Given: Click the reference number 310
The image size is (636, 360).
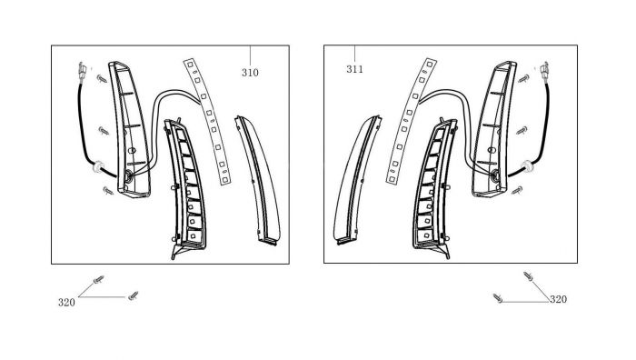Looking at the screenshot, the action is [250, 73].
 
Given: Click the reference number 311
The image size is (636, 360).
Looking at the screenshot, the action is [355, 69].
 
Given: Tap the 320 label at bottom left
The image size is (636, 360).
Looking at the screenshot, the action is [66, 303].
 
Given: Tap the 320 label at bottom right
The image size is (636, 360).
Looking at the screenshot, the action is [558, 299].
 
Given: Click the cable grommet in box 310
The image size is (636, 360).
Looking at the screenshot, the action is [98, 166].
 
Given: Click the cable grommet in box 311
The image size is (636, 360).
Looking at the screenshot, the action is [527, 166].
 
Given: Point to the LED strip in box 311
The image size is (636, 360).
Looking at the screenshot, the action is [410, 121].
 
